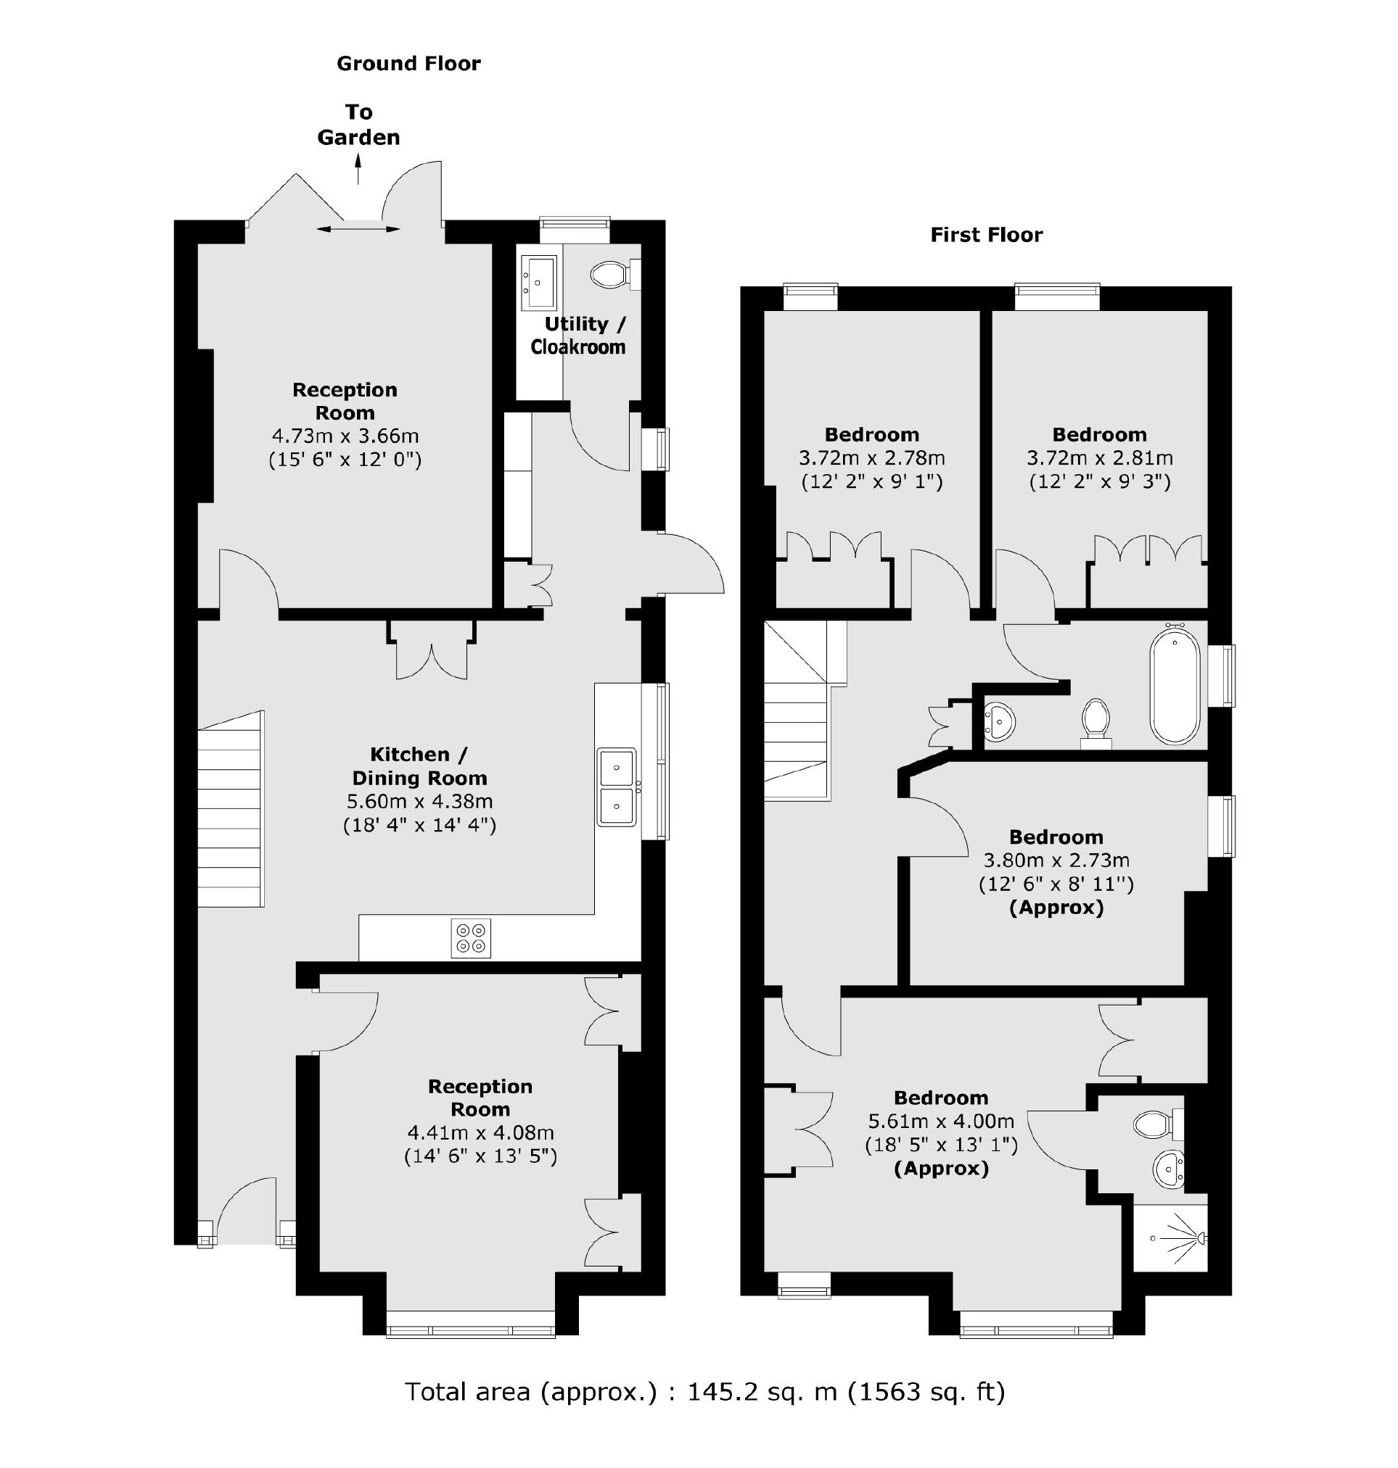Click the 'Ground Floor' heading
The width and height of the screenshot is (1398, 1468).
click(x=408, y=63)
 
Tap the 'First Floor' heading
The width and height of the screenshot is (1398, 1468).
click(x=986, y=236)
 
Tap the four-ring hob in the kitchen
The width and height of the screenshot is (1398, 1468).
click(x=471, y=937)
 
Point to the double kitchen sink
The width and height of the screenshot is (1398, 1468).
click(x=616, y=787)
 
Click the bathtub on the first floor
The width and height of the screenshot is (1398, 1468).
click(x=1175, y=687)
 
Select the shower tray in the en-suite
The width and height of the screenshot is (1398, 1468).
click(x=1170, y=1238)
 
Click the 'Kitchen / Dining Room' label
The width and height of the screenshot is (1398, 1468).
click(x=419, y=766)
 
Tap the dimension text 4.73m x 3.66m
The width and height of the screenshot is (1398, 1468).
click(x=345, y=436)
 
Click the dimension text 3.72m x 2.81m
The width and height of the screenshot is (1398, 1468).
click(x=1099, y=458)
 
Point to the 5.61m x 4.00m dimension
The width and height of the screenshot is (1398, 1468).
click(x=941, y=1121)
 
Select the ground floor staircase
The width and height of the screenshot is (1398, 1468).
click(x=231, y=809)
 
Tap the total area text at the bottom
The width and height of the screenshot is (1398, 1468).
click(x=704, y=1391)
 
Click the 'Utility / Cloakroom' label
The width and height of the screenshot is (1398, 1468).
click(x=578, y=335)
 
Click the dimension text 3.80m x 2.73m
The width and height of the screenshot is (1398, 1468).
click(x=1056, y=861)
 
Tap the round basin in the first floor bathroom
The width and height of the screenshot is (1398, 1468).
click(x=999, y=722)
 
